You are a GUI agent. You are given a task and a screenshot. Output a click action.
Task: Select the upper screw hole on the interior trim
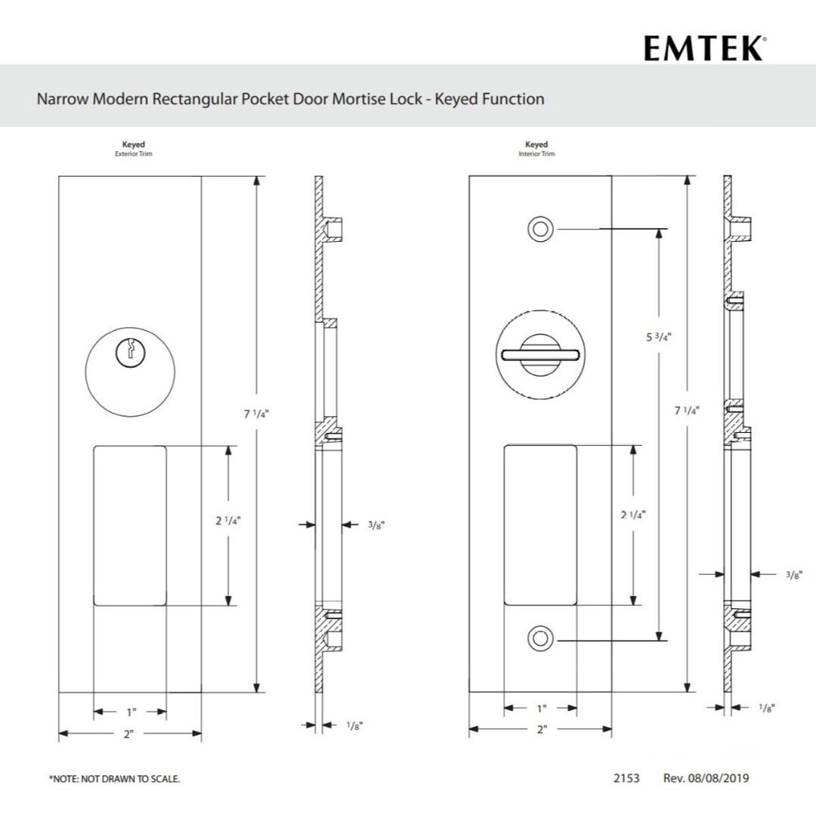pos(540,229)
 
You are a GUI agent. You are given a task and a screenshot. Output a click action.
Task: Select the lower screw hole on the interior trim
pos(540,639)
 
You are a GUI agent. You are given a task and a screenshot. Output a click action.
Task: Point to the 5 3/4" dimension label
pos(659,337)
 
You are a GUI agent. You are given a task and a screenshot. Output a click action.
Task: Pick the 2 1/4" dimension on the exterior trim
pos(227,521)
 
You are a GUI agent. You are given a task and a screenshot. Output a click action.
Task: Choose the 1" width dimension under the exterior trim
pos(131,712)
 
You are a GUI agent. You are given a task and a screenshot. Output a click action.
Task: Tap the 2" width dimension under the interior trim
pos(541,730)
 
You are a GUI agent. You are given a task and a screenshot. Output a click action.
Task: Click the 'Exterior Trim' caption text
pos(134,153)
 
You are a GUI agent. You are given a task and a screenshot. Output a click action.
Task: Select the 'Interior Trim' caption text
pos(536,153)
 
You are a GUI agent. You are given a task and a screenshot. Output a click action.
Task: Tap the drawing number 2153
pos(626,777)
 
